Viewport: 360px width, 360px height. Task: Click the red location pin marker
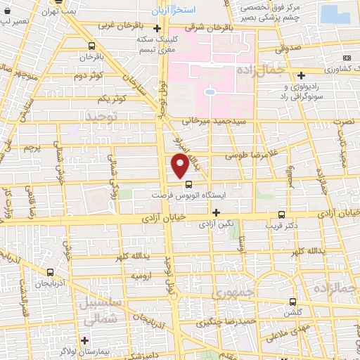click(180, 166)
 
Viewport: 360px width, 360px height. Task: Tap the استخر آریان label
click(174, 13)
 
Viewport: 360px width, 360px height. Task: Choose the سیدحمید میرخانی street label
click(216, 121)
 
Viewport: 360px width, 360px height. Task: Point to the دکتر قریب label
click(282, 226)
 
